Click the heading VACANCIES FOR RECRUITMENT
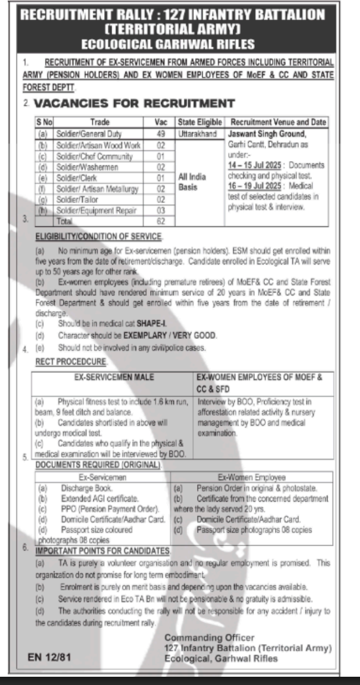click(x=134, y=103)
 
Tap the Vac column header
click(x=160, y=122)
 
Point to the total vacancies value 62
click(x=160, y=221)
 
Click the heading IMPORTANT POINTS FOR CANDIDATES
click(x=102, y=551)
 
